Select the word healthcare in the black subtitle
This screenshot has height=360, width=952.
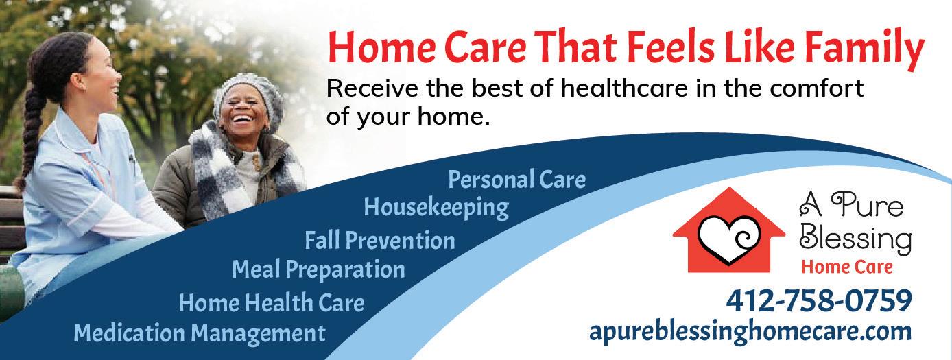pos(624,88)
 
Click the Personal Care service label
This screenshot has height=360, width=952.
pos(516,180)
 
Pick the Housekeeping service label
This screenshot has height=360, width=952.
pos(436,208)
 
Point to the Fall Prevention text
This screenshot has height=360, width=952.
pos(380,240)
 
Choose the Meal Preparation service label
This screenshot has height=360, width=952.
pos(318,270)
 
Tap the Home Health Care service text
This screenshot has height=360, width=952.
pos(272,302)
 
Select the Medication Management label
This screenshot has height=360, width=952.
pos(200,333)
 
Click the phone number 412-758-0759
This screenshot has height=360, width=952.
pos(819,301)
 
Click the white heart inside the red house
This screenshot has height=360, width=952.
pos(728,239)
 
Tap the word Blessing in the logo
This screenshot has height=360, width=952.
pos(855,239)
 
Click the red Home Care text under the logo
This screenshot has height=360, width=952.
pos(847,267)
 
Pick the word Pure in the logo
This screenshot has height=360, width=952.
pos(867,205)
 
